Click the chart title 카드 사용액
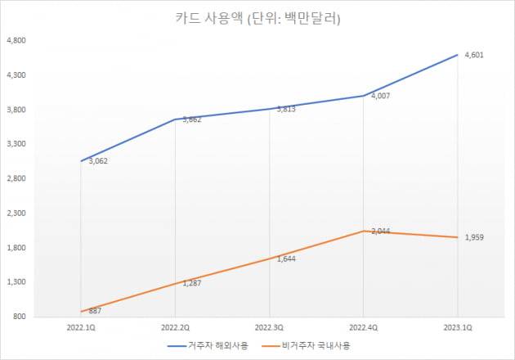click(257, 17)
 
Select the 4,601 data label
click(476, 55)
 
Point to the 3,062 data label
click(97, 161)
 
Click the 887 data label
click(94, 312)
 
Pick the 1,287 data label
click(190, 283)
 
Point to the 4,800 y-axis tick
click(17, 40)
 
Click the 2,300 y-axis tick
click(17, 213)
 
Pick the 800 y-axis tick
click(20, 317)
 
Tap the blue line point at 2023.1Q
click(457, 54)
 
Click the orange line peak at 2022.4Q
click(363, 231)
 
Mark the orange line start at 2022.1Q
click(81, 311)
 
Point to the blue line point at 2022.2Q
click(175, 119)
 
